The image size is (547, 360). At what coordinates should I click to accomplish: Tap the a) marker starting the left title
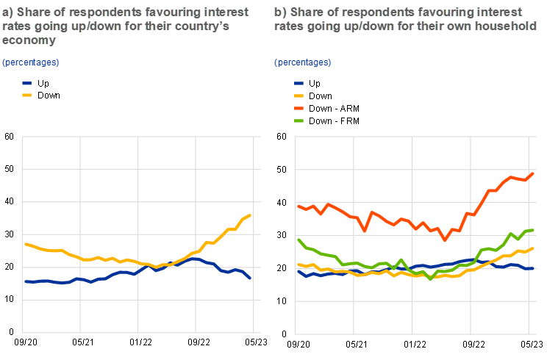coord(8,12)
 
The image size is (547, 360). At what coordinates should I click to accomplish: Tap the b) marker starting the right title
coord(280,12)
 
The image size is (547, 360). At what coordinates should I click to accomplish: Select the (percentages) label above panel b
coord(303,62)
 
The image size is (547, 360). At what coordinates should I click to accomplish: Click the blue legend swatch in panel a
coord(27,84)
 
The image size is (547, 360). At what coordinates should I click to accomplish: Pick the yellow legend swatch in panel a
coord(27,95)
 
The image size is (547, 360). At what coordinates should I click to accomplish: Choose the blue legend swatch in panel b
coord(299,84)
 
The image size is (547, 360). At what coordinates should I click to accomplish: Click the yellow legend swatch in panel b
coord(299,96)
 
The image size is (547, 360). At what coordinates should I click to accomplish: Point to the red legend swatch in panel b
coord(299,108)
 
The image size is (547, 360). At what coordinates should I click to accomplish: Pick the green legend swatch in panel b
coord(299,120)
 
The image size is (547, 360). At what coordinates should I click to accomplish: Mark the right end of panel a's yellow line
coord(251,215)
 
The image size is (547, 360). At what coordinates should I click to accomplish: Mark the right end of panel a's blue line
coord(251,278)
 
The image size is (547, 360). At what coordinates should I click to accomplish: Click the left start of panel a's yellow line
coord(26,243)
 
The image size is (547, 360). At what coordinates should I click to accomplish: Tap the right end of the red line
coord(534,173)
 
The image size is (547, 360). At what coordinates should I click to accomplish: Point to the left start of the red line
coord(298,206)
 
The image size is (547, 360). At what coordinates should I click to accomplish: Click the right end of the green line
coord(533,230)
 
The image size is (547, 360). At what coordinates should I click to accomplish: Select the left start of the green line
coord(298,240)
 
